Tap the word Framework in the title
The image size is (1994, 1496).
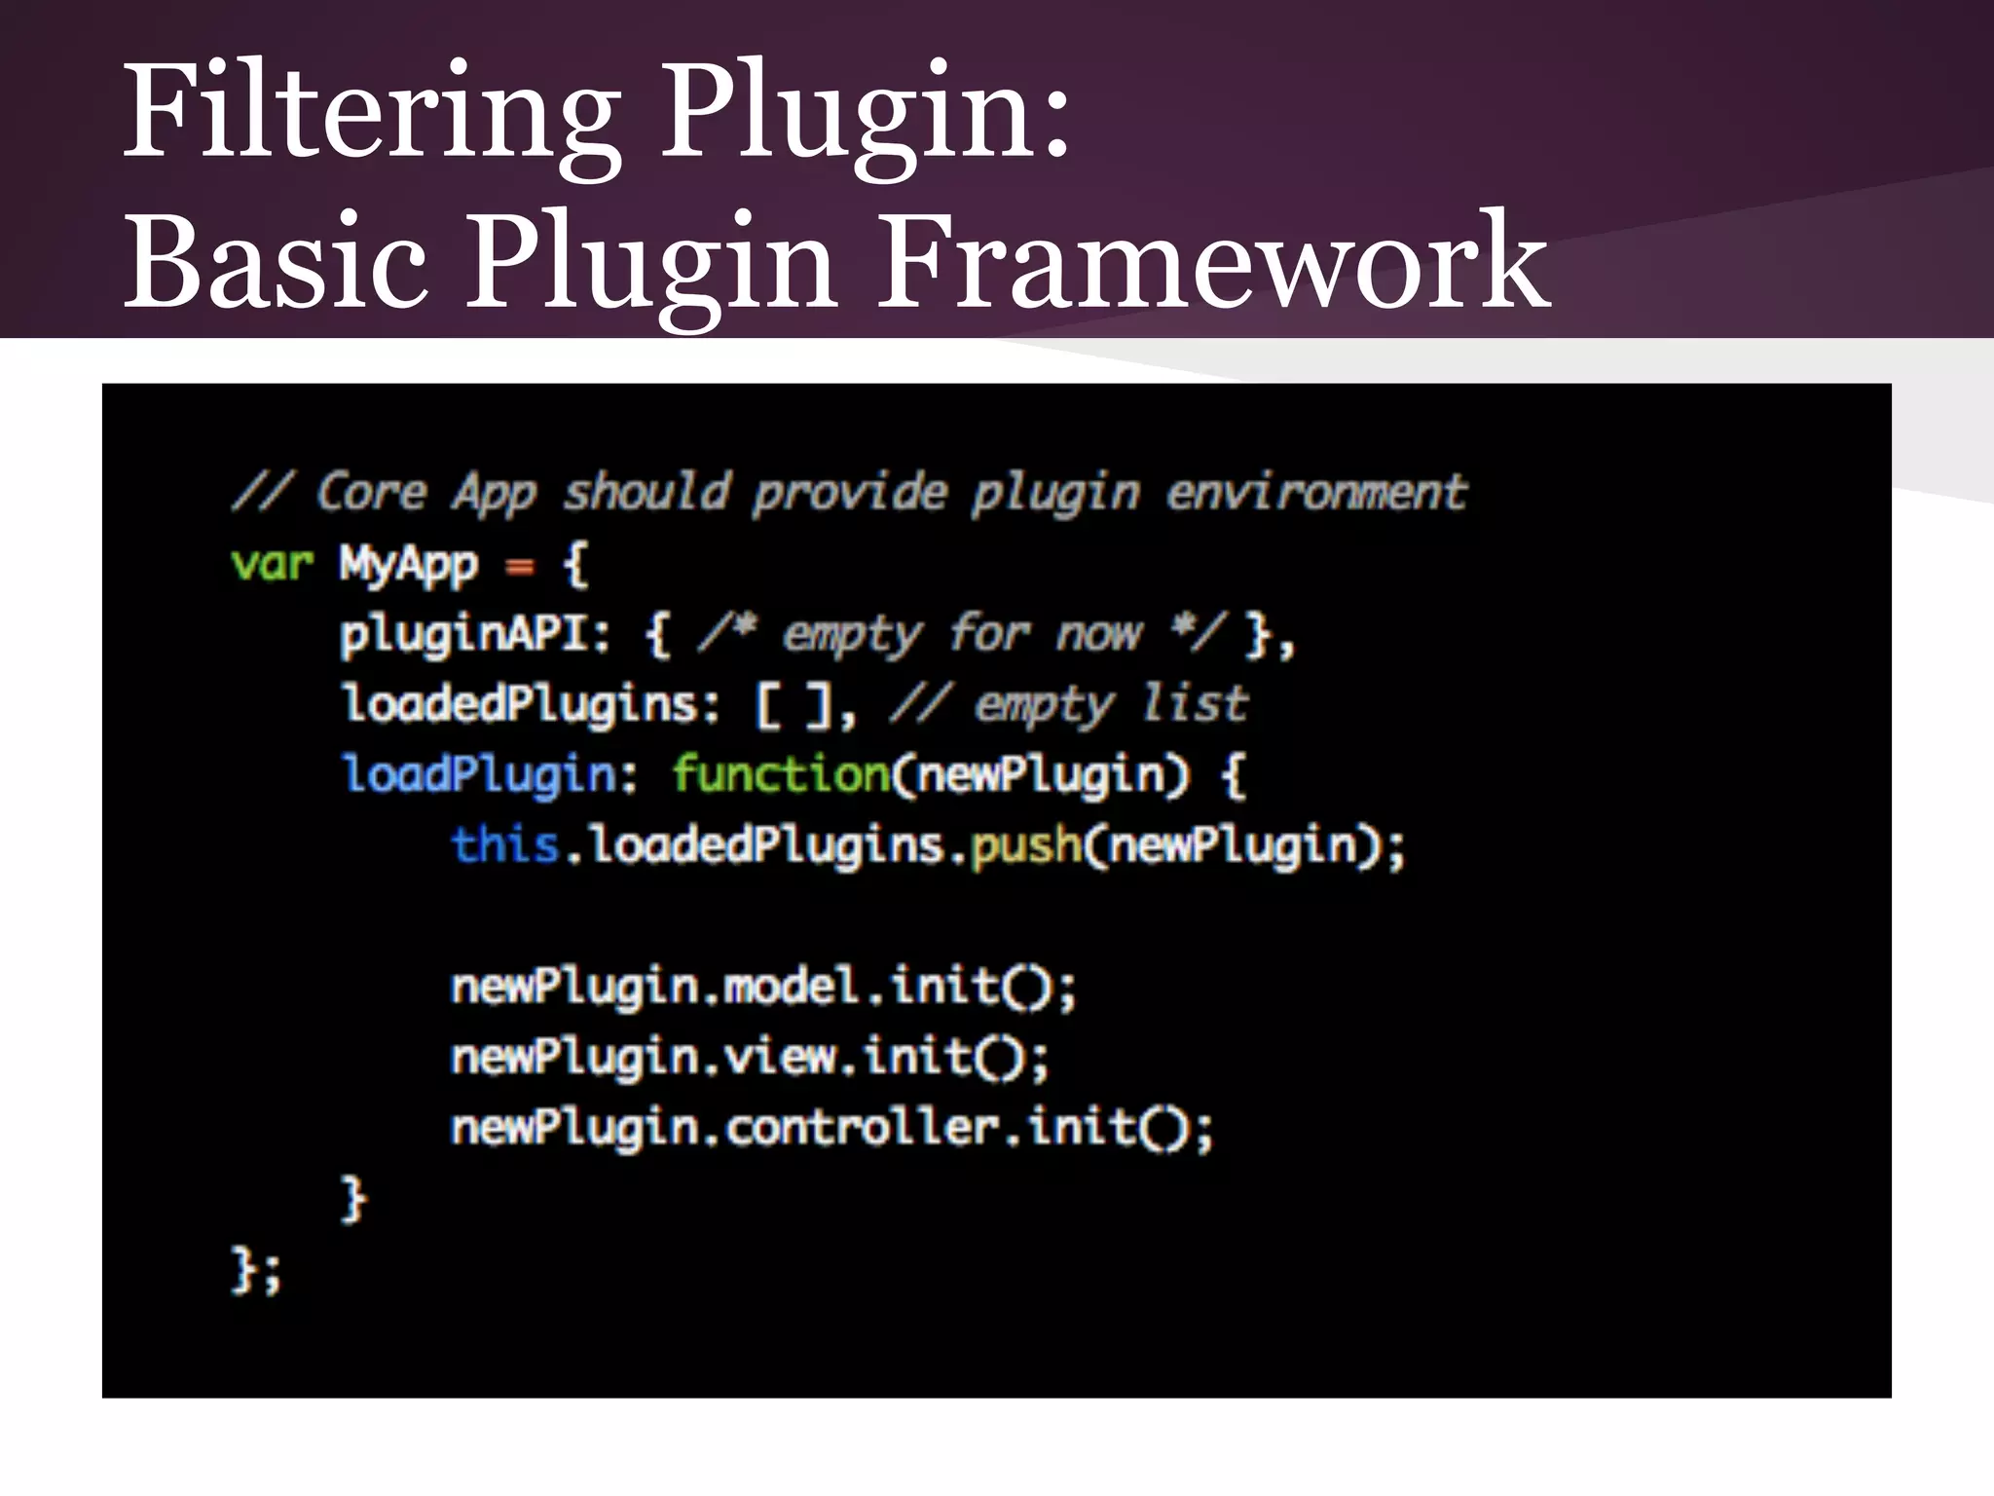tap(1213, 261)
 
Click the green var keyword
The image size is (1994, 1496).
tap(272, 564)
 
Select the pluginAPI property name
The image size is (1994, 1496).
tap(463, 635)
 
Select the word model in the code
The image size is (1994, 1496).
tap(791, 987)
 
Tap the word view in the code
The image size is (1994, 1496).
tap(780, 1057)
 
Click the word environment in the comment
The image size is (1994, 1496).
tap(1317, 492)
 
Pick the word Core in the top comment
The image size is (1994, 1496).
tap(372, 492)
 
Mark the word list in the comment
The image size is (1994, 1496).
tap(1195, 704)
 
